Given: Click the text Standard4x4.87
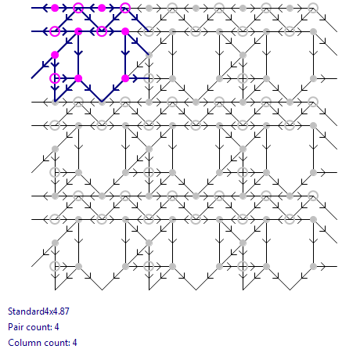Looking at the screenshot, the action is coord(38,311).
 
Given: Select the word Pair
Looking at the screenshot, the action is coord(14,327).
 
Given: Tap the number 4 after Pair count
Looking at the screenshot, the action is coord(56,327).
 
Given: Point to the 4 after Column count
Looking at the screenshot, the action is coord(74,343).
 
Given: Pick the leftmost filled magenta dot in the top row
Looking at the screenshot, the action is coord(55,8).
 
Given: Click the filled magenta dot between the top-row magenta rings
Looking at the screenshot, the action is coord(102,8).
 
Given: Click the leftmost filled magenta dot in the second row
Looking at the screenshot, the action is coord(78,31).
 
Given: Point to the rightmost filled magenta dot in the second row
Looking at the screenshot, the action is coord(125,31).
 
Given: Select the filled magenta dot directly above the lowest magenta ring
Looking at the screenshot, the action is coord(55,55).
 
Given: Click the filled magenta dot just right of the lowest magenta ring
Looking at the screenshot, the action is coord(78,78).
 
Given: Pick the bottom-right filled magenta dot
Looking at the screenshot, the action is coord(125,78).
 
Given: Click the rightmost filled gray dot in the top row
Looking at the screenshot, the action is coord(290,8).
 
